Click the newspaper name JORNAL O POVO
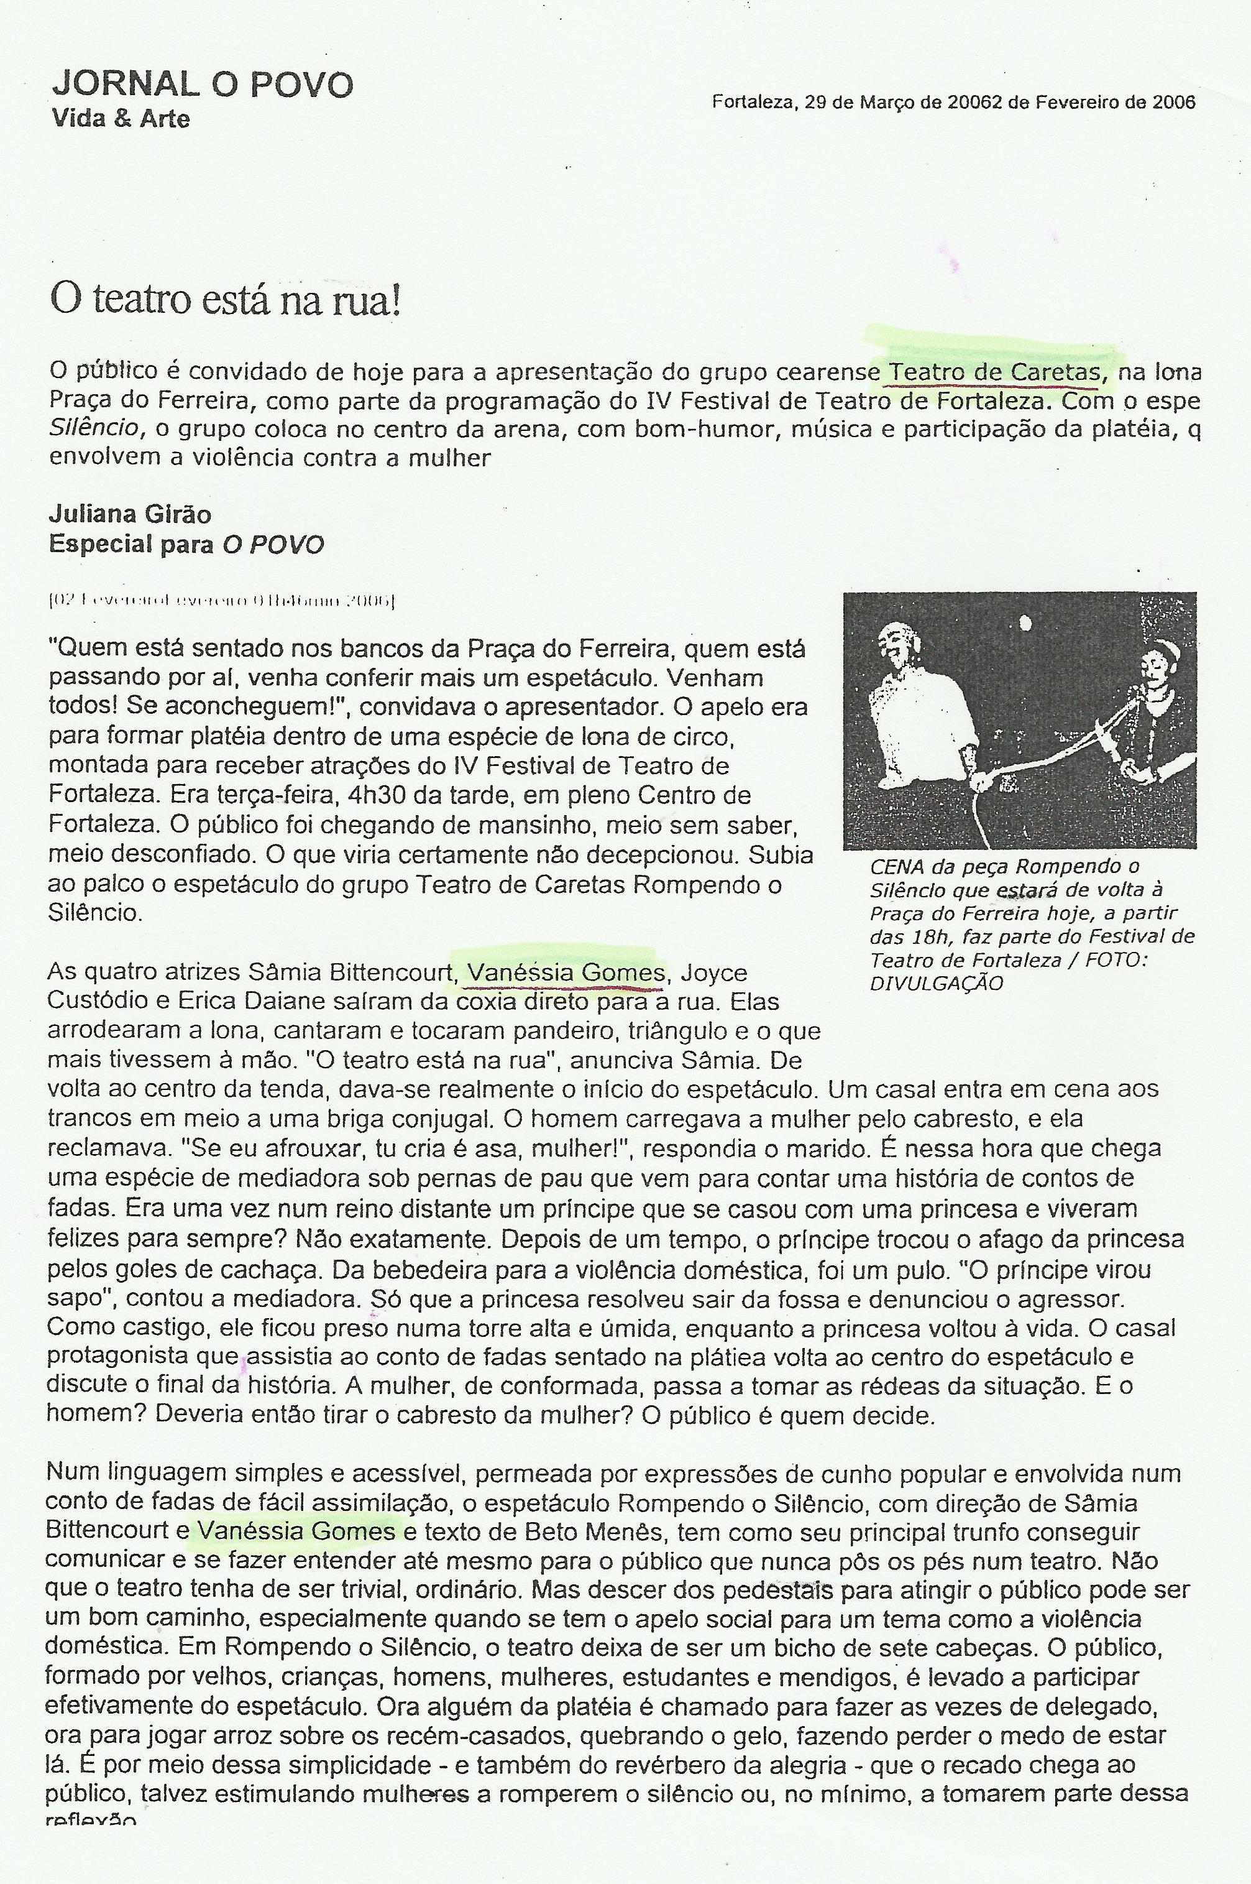pyautogui.click(x=202, y=85)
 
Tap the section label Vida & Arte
pyautogui.click(x=121, y=119)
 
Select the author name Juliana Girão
pyautogui.click(x=130, y=514)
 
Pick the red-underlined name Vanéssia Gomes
pyautogui.click(x=566, y=972)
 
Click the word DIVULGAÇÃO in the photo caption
pyautogui.click(x=936, y=984)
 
